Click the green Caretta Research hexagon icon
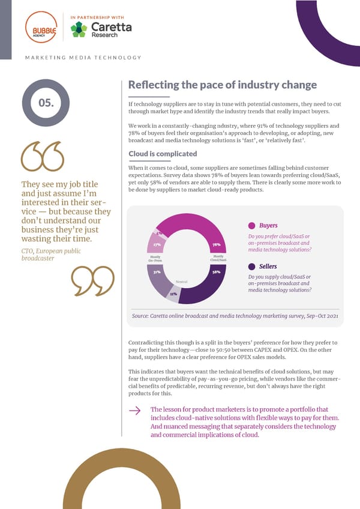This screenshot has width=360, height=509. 79,29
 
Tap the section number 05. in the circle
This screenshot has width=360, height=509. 46,103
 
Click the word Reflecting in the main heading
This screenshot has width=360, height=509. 154,85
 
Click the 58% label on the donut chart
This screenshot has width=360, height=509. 215,272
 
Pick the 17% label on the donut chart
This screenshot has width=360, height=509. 156,244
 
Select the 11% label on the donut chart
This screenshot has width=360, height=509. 173,294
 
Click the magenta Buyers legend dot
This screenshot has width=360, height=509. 252,226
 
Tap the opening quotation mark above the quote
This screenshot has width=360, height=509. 43,157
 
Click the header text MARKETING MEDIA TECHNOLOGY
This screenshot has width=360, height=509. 83,58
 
